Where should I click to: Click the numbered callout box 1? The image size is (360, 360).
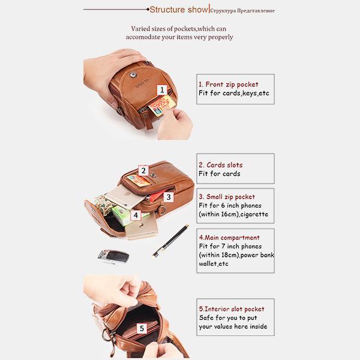pos(162,90)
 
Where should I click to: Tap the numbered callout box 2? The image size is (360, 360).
pos(143,170)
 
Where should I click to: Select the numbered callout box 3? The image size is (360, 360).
pos(169,197)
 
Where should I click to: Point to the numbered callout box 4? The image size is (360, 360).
pos(136,215)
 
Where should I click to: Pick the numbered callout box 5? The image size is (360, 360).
pos(142,328)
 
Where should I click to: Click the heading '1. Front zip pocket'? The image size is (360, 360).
pos(229,85)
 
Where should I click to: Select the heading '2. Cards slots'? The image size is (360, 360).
pos(221,165)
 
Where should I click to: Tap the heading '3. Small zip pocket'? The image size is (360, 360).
pos(227,197)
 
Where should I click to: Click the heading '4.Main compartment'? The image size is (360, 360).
pos(229,238)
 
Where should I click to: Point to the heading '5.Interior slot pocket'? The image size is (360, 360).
pos(232,309)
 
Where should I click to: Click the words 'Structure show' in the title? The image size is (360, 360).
pos(179,10)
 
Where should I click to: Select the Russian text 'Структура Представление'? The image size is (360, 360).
pos(242,11)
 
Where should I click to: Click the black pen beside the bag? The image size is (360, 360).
pos(171,241)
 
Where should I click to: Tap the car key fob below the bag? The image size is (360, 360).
pos(113,256)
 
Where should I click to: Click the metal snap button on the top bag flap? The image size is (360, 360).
pos(133,74)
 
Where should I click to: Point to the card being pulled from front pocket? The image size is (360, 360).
pos(162,105)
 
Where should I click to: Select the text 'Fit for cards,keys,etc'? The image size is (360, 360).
pos(234,93)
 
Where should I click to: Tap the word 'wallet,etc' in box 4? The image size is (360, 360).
pos(214,263)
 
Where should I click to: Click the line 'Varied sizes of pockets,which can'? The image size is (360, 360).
pos(179,29)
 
